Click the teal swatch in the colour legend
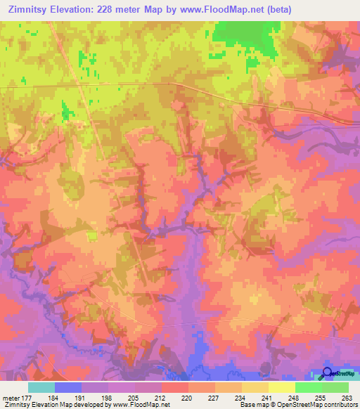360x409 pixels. pos(41,387)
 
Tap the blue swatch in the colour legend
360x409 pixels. pos(68,387)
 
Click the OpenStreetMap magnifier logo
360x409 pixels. pos(328,372)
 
